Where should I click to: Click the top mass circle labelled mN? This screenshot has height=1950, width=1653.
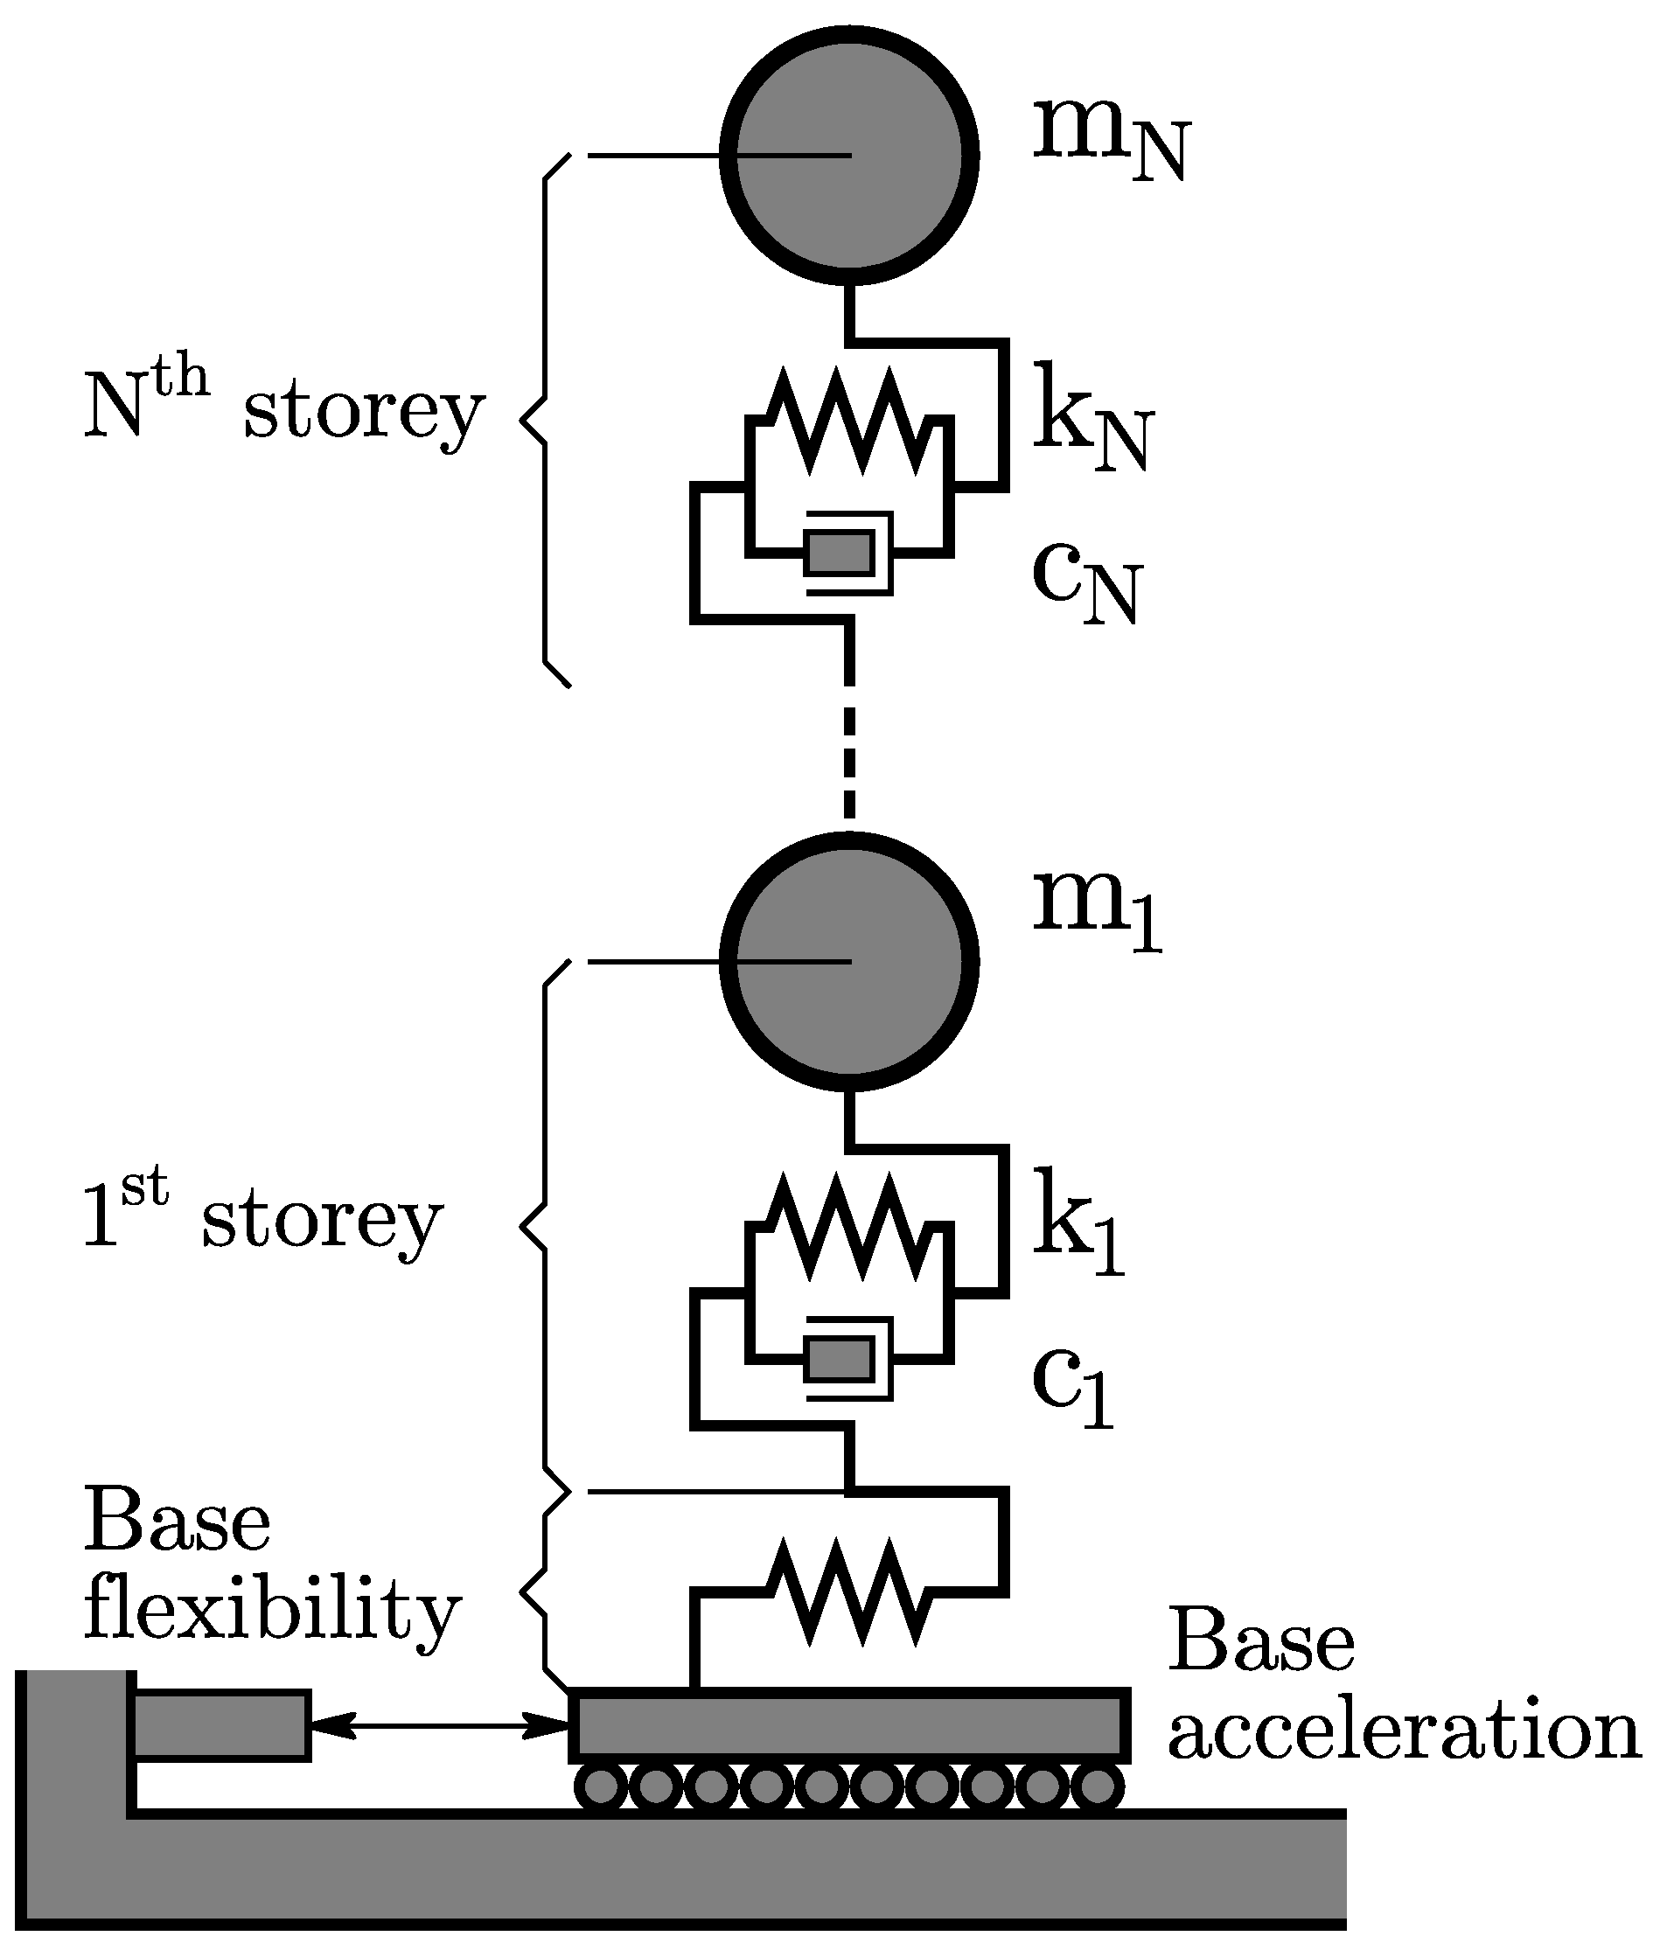849,156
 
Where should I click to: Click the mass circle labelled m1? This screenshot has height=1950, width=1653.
849,961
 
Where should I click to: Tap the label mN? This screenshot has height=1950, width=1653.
1110,141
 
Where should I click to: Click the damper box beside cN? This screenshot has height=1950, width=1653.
840,553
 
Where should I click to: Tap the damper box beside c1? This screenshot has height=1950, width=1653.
840,1359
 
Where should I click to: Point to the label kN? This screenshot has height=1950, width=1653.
1092,418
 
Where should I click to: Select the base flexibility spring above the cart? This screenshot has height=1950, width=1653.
849,1591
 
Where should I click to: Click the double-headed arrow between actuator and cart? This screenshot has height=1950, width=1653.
439,1725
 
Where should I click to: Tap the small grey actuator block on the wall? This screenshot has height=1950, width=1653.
221,1725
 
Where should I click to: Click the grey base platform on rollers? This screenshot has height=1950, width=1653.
849,1725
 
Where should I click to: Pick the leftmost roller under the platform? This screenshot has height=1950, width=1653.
600,1788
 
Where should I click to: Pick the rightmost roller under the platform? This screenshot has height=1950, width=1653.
1097,1788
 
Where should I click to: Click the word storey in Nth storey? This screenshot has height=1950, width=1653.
364,413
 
